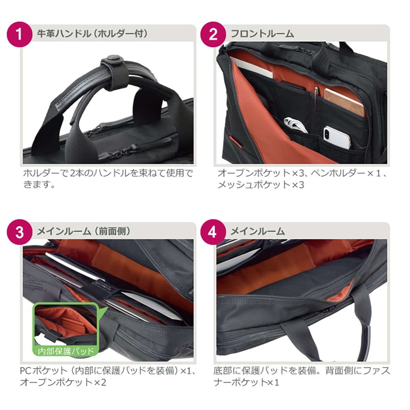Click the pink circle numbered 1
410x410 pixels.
pos(19,34)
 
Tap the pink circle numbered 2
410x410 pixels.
pos(213,34)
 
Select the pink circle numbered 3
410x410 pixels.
pos(19,232)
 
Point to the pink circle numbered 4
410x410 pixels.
pos(213,232)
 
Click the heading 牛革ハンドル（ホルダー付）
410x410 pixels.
pos(92,34)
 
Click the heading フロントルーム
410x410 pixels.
pos(262,34)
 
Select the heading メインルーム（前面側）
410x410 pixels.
pos(84,232)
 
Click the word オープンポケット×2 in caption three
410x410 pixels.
pos(63,382)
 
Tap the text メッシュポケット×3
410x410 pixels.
pos(261,184)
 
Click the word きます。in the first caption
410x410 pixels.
pos(39,184)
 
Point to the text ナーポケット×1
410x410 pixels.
pos(246,382)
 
